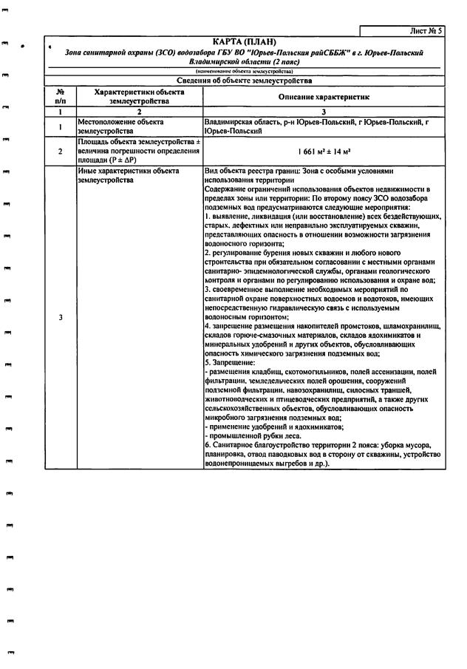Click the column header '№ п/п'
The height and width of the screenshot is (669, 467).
click(x=61, y=96)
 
